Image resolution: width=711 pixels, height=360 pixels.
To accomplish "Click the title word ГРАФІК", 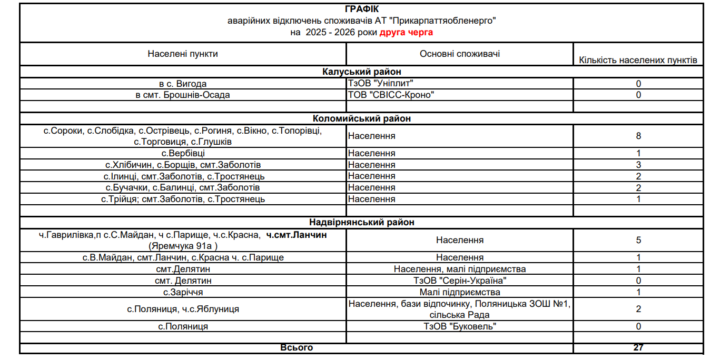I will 361,9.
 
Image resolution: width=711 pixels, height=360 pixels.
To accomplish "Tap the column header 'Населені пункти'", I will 183,54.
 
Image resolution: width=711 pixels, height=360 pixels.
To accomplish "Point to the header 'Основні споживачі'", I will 460,54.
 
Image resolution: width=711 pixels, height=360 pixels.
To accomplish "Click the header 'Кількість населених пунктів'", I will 638,60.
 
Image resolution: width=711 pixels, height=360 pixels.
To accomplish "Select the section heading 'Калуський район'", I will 361,72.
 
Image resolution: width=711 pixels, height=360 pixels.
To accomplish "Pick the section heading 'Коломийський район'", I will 361,118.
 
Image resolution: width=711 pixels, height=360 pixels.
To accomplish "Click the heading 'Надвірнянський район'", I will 361,222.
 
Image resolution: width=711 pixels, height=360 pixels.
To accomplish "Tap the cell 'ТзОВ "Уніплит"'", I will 381,84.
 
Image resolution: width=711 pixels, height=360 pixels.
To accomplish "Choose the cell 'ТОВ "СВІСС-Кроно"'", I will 391,95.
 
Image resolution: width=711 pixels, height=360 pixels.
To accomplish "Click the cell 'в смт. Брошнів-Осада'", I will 183,95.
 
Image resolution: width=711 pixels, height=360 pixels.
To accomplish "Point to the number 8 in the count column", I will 638,136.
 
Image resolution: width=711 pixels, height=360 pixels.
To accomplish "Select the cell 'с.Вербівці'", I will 183,153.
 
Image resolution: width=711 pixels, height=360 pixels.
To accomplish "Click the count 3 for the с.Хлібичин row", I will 638,165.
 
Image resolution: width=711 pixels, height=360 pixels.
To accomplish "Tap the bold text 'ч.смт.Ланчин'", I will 297,235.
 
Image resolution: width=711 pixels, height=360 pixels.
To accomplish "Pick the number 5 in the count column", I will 638,240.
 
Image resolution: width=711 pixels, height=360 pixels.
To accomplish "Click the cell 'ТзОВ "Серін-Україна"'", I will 460,281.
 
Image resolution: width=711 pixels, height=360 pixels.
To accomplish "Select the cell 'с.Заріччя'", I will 183,292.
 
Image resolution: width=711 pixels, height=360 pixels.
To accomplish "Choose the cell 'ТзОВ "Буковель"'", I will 460,326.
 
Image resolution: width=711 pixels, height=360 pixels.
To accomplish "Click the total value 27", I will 638,347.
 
